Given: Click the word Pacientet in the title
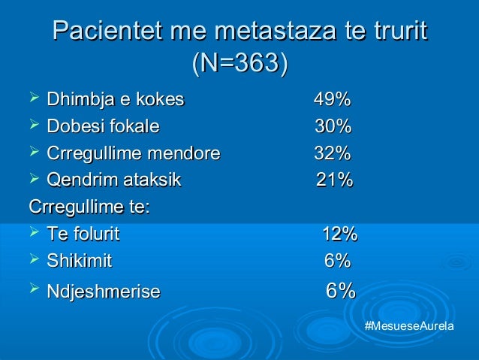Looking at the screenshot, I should (x=98, y=33).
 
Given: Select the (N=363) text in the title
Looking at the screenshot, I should (x=239, y=64).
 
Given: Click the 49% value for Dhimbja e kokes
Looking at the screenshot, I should (x=332, y=100).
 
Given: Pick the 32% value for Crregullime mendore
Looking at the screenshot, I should (x=332, y=153).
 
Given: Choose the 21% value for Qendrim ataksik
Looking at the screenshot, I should (x=334, y=180).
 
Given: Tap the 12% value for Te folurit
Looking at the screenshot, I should (x=339, y=234).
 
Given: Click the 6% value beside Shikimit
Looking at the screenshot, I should (x=337, y=262).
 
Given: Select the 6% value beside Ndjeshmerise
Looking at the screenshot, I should (x=340, y=291).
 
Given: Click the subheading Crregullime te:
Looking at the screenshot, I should (x=88, y=207).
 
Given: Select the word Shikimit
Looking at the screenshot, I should (x=79, y=262).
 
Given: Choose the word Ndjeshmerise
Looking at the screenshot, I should (x=103, y=291).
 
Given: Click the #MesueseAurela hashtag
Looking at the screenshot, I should (x=408, y=328).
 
